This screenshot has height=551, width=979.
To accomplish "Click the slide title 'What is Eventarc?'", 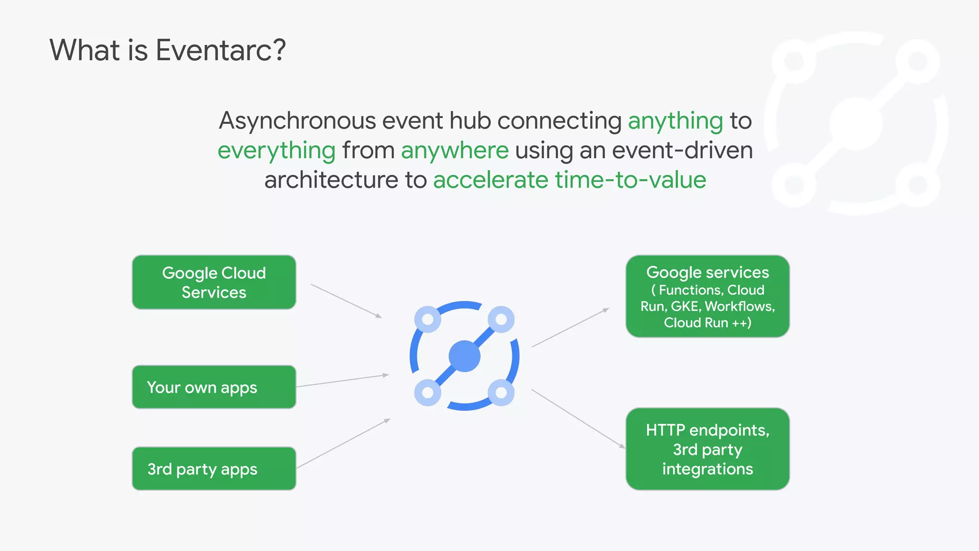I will [x=167, y=50].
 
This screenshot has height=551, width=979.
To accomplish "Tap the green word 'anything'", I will [x=675, y=121].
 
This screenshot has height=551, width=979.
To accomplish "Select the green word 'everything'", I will [x=276, y=151].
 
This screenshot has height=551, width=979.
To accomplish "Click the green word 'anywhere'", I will [x=455, y=151].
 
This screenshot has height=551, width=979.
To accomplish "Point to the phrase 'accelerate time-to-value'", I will [x=569, y=180].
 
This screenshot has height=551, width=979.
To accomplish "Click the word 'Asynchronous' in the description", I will [x=297, y=121].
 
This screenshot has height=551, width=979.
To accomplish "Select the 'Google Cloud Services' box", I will [x=214, y=282].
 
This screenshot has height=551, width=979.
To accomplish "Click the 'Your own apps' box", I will [x=214, y=387].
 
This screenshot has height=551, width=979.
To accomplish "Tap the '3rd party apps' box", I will [x=214, y=469].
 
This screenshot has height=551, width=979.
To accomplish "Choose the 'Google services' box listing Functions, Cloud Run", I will [x=707, y=297].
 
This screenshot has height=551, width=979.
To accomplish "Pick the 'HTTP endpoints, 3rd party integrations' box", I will [x=707, y=449].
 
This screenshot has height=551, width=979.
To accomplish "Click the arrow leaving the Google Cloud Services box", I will [x=346, y=301].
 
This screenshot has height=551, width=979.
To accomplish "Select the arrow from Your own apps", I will [x=342, y=381].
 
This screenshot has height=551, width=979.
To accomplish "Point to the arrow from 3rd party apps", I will [x=343, y=443].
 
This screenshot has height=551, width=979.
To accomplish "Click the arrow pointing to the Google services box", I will [x=570, y=328].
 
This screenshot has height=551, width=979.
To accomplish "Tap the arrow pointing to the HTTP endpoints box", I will [x=578, y=419].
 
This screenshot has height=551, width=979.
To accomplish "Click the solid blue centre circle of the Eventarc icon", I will [x=465, y=356].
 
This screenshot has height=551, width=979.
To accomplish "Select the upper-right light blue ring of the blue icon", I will [x=501, y=319].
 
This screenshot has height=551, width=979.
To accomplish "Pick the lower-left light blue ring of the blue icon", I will [x=428, y=393].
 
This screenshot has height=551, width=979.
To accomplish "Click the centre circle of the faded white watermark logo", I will [x=856, y=123].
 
